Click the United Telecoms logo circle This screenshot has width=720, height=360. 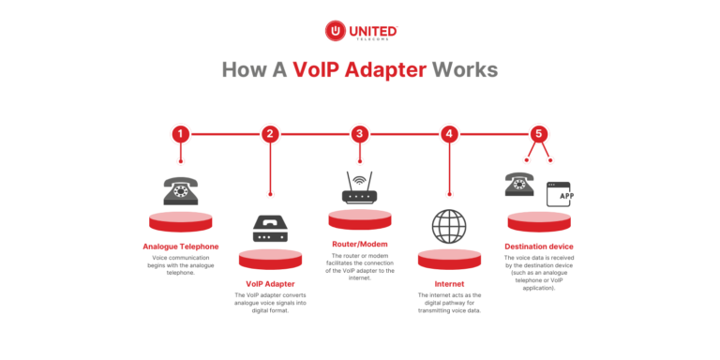click(335, 31)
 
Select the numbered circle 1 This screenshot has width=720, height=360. click(180, 134)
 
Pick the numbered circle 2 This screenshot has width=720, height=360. click(270, 134)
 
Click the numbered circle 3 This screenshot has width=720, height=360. click(359, 134)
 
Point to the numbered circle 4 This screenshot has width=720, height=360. click(449, 134)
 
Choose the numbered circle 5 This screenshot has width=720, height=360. click(538, 134)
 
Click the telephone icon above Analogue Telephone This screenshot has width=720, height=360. click(180, 191)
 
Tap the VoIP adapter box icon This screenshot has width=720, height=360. click(270, 228)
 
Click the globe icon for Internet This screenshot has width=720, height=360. click(449, 227)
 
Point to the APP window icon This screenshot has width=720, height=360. click(560, 195)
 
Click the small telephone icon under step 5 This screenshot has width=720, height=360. click(519, 184)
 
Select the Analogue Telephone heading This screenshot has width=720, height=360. click(180, 247)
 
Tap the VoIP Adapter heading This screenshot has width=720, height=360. click(270, 283)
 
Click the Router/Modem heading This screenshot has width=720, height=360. click(359, 244)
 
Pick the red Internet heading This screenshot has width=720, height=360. click(449, 282)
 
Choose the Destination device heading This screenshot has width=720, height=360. click(539, 247)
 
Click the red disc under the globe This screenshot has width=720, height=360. click(449, 258)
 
